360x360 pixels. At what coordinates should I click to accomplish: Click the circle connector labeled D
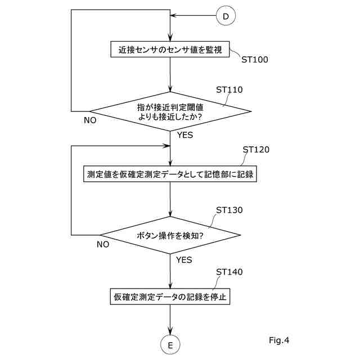pos(226,16)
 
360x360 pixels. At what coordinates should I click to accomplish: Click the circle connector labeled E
pos(170,344)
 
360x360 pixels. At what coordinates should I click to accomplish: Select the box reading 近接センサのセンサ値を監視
pos(170,49)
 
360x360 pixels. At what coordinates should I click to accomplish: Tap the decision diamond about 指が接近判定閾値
pos(170,111)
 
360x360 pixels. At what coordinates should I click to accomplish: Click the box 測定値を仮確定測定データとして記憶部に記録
pos(170,174)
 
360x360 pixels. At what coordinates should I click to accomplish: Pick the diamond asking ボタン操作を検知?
pos(170,235)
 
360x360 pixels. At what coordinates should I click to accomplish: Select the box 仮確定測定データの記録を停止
pos(170,296)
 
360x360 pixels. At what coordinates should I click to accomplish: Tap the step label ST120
pos(256,150)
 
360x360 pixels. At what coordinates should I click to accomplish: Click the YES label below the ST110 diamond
pos(184,136)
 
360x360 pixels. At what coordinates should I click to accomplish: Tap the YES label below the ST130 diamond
pos(184,260)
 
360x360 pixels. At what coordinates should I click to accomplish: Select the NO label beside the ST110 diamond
pos(90,120)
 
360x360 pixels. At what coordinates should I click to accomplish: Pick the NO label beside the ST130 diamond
pos(102,244)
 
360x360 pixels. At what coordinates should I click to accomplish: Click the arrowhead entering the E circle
pos(170,332)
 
